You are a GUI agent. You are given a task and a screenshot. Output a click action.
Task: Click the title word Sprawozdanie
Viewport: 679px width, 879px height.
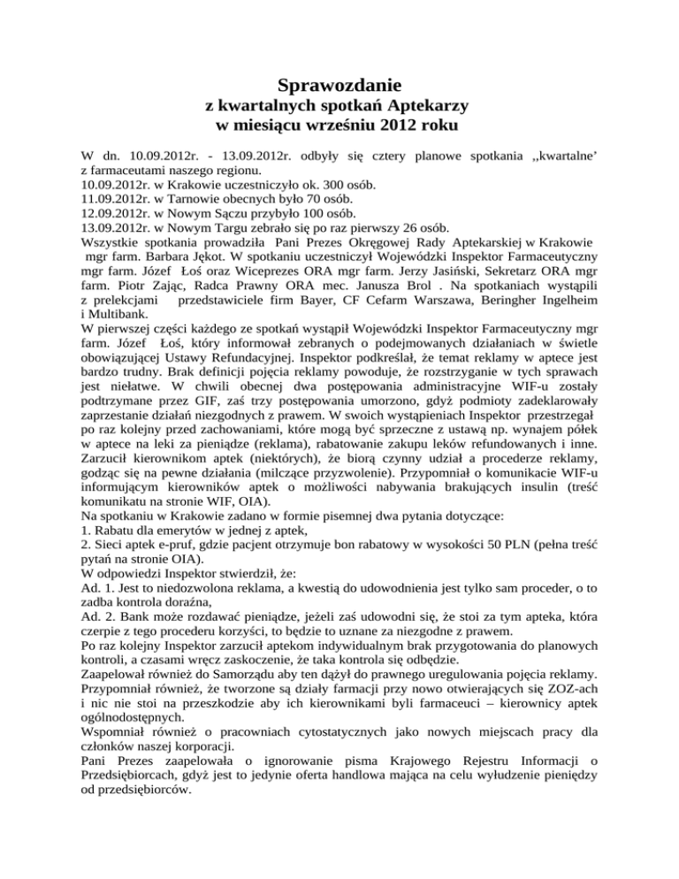(x=339, y=87)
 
